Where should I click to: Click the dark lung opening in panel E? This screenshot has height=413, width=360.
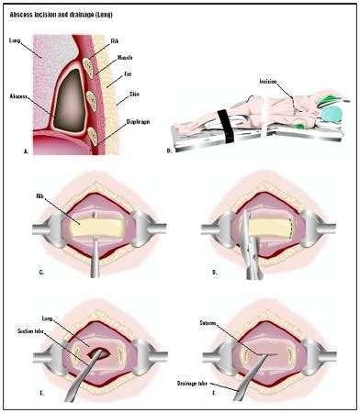pyautogui.click(x=92, y=351)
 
